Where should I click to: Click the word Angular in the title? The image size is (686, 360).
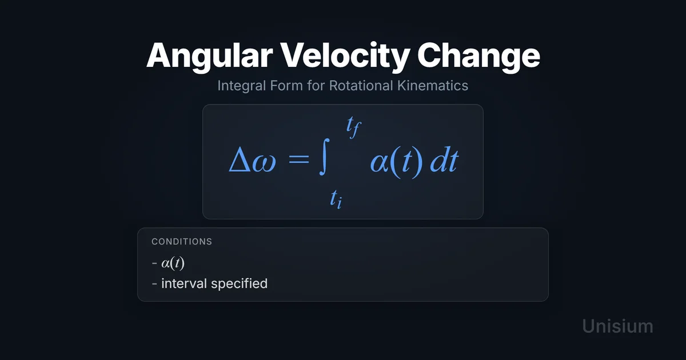(210, 57)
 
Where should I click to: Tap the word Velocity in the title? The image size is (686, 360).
(345, 57)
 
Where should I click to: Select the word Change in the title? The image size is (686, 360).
(478, 57)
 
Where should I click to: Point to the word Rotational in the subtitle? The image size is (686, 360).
(361, 85)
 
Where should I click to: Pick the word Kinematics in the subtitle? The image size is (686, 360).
(433, 85)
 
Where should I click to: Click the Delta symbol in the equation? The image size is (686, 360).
(240, 159)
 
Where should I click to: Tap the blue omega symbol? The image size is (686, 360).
(264, 164)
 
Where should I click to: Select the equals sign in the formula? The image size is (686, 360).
(299, 159)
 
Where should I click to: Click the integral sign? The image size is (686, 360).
(324, 157)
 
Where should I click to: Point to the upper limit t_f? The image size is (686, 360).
(354, 127)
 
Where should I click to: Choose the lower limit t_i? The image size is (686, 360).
(336, 199)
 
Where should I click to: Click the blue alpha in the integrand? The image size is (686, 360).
(380, 163)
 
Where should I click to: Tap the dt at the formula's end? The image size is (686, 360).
(444, 161)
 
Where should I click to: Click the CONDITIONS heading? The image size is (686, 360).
(182, 242)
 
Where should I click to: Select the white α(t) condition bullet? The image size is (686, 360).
(173, 263)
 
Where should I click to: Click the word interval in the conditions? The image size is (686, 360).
(184, 283)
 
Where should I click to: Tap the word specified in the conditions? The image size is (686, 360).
(239, 284)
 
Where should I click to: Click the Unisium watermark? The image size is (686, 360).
(618, 326)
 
